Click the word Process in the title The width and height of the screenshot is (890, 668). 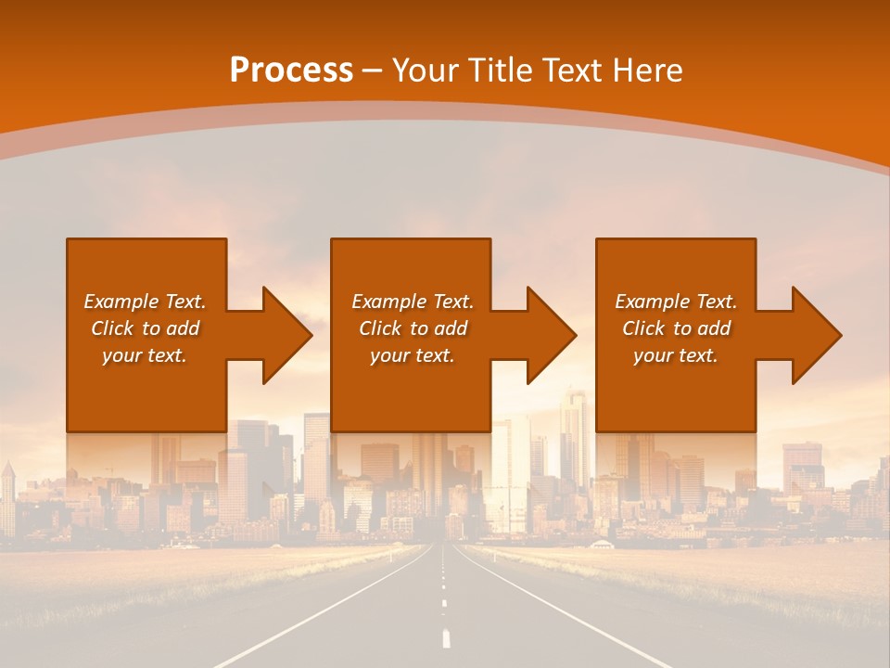(x=291, y=71)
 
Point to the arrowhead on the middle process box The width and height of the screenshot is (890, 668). (x=551, y=335)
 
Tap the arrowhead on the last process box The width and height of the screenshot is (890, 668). (x=816, y=335)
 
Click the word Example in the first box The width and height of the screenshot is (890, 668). (x=121, y=302)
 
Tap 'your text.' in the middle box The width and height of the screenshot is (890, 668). (x=412, y=355)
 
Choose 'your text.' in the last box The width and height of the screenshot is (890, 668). (x=676, y=355)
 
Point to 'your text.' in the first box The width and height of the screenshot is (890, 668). (x=145, y=355)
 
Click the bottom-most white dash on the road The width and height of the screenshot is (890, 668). (x=447, y=638)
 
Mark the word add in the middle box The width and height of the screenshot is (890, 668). (x=451, y=328)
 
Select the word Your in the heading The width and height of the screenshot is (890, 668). (x=422, y=71)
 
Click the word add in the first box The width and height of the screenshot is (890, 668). (x=184, y=328)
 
